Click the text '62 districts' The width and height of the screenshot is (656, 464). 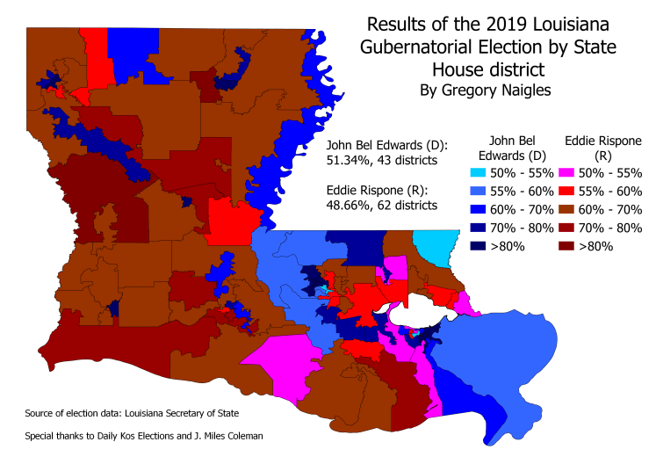[x=407, y=205]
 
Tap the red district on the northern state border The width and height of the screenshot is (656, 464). [x=98, y=53]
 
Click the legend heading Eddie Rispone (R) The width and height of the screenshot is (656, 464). [x=590, y=148]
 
